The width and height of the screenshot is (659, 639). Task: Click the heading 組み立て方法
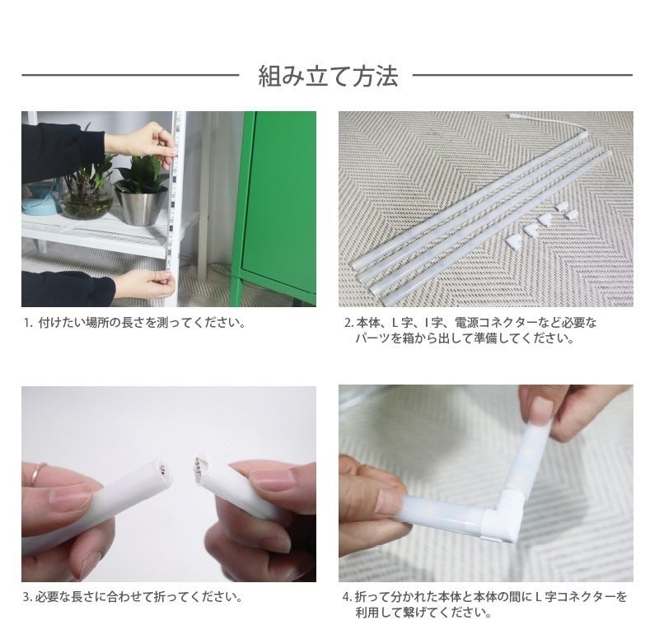coord(328,76)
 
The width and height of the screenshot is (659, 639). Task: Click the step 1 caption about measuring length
coord(134,323)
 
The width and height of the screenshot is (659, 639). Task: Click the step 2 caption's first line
coord(470,323)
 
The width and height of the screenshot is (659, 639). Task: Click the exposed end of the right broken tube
coord(199,466)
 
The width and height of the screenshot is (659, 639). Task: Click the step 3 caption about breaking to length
coord(133,596)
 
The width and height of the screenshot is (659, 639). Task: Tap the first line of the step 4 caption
coord(485,596)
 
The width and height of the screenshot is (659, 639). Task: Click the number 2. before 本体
coord(349,323)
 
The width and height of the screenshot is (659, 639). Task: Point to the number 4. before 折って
coord(348,597)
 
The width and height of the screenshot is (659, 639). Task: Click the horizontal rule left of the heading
coord(130,76)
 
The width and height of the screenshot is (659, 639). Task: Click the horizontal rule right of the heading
coord(523,76)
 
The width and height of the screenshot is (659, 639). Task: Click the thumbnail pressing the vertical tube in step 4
coord(544,408)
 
